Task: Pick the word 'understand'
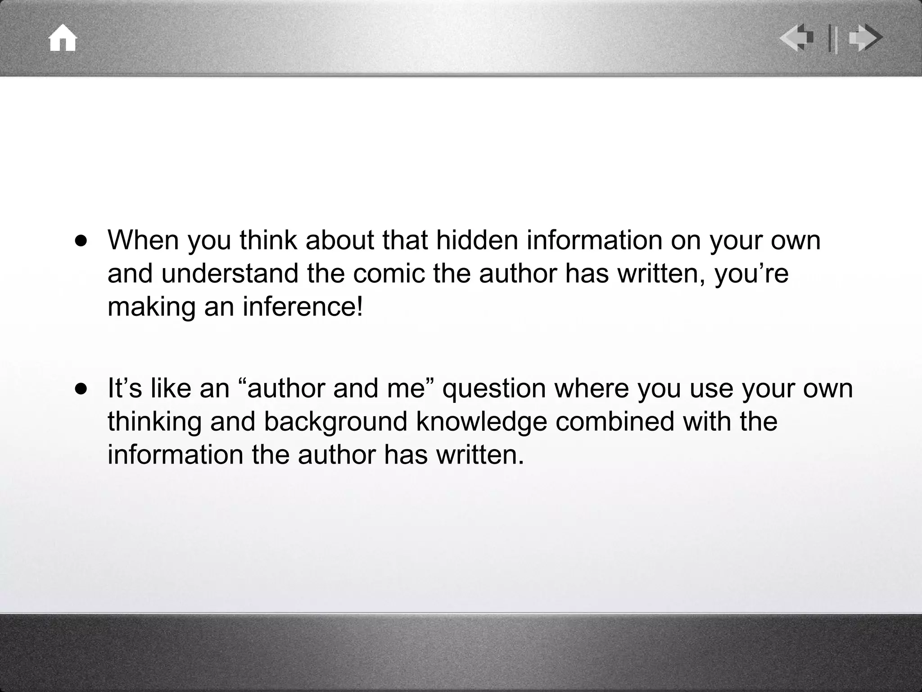point(230,273)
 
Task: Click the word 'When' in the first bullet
point(143,240)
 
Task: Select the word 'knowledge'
point(481,422)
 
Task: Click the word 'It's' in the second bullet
point(125,388)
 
